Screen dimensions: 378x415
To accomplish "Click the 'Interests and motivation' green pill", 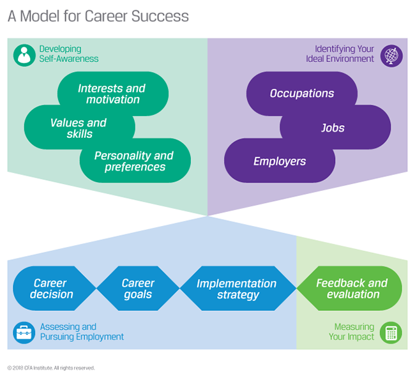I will pos(112,94).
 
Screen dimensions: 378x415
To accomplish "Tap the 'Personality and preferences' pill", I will pos(135,161).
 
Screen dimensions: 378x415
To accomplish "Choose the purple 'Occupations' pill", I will pos(302,93).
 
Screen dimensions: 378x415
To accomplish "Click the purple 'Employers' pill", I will pos(280,161).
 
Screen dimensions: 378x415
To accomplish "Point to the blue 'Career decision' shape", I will pos(51,289).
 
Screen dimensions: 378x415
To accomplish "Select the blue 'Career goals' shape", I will pos(138,289).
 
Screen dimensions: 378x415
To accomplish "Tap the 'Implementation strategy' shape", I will pos(237,289).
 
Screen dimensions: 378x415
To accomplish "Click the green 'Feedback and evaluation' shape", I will pos(352,289).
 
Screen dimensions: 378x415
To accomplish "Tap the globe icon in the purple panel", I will pos(391,54).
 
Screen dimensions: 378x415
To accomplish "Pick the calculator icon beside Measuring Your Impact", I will pos(391,333).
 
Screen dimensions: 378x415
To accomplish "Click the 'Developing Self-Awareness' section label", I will pos(69,54).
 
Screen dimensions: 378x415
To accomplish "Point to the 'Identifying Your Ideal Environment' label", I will pos(344,54).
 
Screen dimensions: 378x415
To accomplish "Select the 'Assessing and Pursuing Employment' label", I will pos(82,332).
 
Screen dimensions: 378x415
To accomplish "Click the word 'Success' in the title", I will pos(160,16).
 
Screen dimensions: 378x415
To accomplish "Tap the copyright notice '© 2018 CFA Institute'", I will pos(51,368).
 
